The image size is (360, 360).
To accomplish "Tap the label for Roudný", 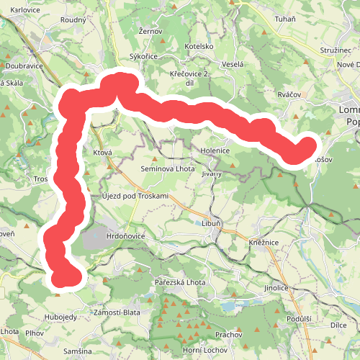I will (x=73, y=20).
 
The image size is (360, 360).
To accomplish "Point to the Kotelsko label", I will (x=199, y=46).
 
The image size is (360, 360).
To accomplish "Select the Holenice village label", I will (x=215, y=151).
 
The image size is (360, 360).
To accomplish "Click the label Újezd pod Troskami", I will (x=135, y=197).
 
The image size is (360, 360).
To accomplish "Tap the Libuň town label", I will (x=210, y=224).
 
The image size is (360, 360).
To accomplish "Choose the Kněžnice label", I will (x=265, y=244).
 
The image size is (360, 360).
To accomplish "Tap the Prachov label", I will (x=228, y=335).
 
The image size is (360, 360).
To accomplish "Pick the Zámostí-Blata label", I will (x=117, y=312).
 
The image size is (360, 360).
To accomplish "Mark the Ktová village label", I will (x=103, y=153).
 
